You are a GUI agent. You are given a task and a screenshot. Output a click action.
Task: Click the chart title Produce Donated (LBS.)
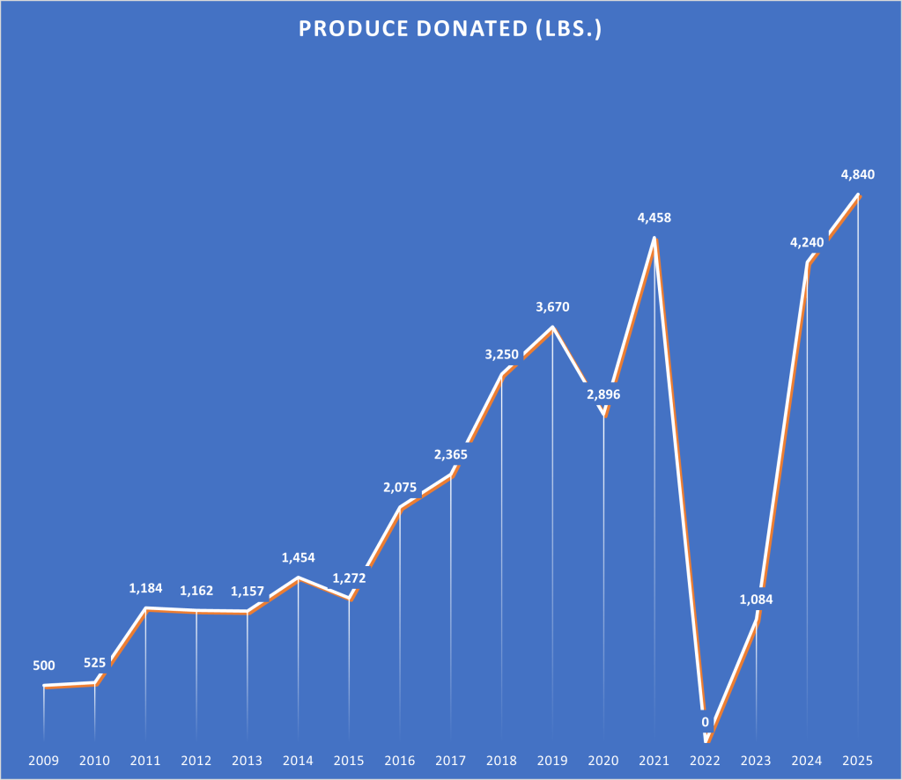(x=450, y=29)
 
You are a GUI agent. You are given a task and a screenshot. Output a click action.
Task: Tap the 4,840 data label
(x=857, y=174)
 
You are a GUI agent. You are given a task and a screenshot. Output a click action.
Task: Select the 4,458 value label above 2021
(x=654, y=217)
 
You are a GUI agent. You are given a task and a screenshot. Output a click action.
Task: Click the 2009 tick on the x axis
(x=44, y=760)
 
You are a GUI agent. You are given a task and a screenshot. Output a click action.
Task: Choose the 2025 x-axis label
(x=858, y=760)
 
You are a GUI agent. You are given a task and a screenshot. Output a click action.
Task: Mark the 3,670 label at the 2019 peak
(x=552, y=307)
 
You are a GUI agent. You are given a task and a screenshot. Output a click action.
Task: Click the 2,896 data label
(x=603, y=394)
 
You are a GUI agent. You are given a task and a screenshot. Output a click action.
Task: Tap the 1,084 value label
(x=756, y=600)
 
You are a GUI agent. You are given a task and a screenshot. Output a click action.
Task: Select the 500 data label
(x=44, y=666)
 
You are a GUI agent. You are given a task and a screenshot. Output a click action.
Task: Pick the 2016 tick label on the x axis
(x=400, y=760)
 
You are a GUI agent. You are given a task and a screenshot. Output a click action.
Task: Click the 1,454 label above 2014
(x=298, y=557)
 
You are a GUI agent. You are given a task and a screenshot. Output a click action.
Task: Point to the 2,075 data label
(x=400, y=487)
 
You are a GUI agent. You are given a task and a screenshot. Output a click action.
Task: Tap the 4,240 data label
(x=807, y=242)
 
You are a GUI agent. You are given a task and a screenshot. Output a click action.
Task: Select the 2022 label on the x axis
(x=705, y=760)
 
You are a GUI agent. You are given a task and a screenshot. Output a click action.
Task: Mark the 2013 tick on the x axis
(x=247, y=760)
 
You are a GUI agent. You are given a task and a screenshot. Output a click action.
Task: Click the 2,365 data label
(x=450, y=455)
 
